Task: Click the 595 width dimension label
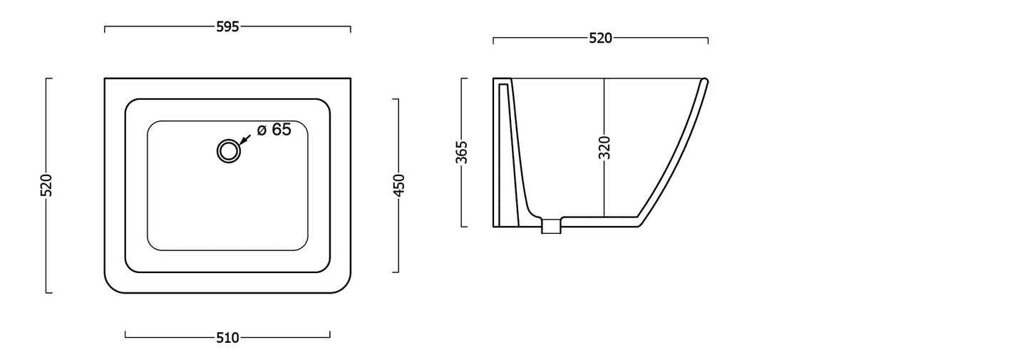coord(228,27)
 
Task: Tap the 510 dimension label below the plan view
coord(228,338)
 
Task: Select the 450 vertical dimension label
coord(399,185)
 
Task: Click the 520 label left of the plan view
coord(46,185)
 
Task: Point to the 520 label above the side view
coord(600,38)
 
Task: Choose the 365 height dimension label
coord(462,152)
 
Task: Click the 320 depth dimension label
coord(604,148)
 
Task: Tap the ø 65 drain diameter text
coord(274,130)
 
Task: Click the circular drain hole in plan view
coord(229,150)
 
